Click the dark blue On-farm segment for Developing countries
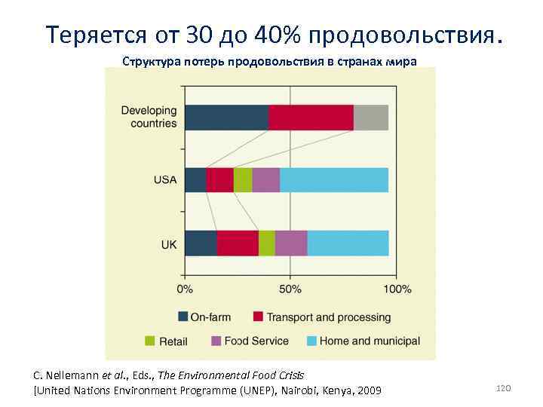226,118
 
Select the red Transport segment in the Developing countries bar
311,118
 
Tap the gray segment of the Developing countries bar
371,118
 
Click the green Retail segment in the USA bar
243,180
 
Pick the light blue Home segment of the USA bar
334,180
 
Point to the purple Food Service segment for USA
266,180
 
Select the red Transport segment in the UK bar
238,243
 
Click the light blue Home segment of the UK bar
348,243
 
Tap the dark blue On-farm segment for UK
201,243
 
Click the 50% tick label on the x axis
290,289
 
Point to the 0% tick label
185,289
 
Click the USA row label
165,180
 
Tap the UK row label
169,244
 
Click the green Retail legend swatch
149,341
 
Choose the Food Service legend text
256,341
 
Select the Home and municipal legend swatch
310,341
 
